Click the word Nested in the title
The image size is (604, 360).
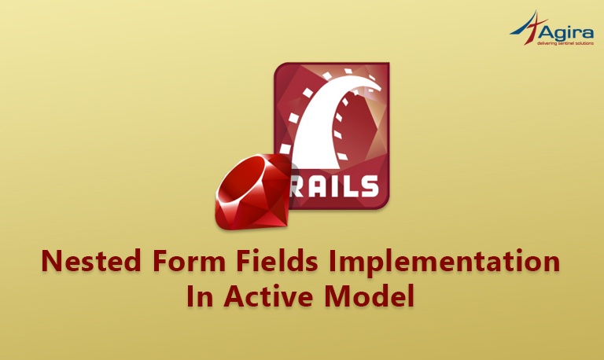coord(91,262)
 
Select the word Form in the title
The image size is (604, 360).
coord(189,262)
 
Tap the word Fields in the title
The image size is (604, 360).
coord(277,262)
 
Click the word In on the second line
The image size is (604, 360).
coord(200,296)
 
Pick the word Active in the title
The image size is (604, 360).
coord(268,296)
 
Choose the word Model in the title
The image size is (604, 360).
coord(370,296)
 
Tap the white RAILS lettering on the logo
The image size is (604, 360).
coord(334,187)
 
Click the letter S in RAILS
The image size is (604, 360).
coord(370,187)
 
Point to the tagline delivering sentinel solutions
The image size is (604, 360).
coord(565,43)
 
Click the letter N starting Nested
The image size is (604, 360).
coord(51,262)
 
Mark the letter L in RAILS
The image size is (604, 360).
coord(352,187)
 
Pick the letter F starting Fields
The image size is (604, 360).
coord(244,262)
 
